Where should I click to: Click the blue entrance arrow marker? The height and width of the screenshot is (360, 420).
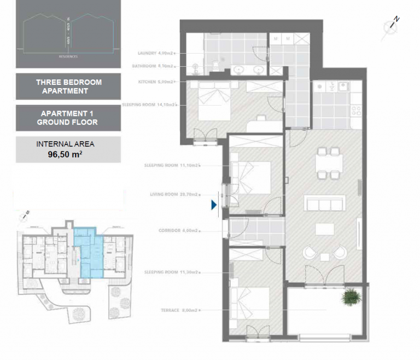pos(214,205)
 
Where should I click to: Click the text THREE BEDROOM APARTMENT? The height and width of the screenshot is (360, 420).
pos(68,86)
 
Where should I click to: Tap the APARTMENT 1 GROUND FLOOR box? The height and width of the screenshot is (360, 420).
pos(68,118)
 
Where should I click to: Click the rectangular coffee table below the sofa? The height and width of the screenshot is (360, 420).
pos(324,228)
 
